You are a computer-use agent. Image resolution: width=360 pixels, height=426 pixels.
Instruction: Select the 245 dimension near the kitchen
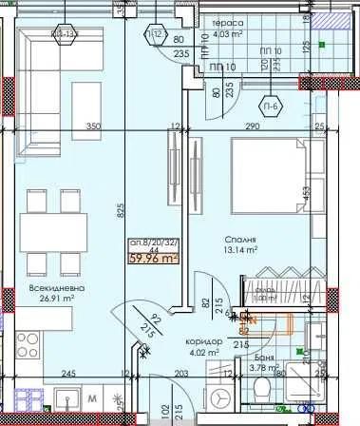click(x=67, y=374)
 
